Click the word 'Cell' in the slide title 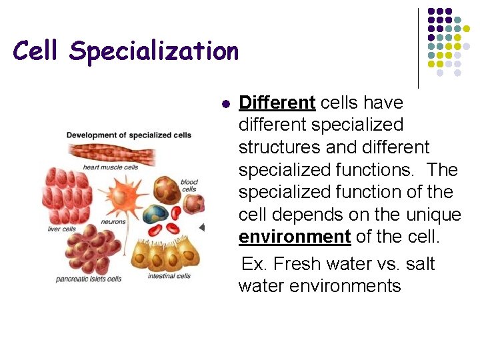[37, 50]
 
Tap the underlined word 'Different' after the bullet [277, 103]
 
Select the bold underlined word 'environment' [295, 237]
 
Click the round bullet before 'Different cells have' [225, 105]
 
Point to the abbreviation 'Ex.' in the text [255, 264]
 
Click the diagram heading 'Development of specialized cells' [129, 135]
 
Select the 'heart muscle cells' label [110, 167]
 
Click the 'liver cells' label [62, 229]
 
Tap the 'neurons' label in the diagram [113, 222]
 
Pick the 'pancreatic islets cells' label [89, 279]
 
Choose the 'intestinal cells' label [169, 276]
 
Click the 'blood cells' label [189, 185]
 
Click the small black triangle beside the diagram [201, 227]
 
